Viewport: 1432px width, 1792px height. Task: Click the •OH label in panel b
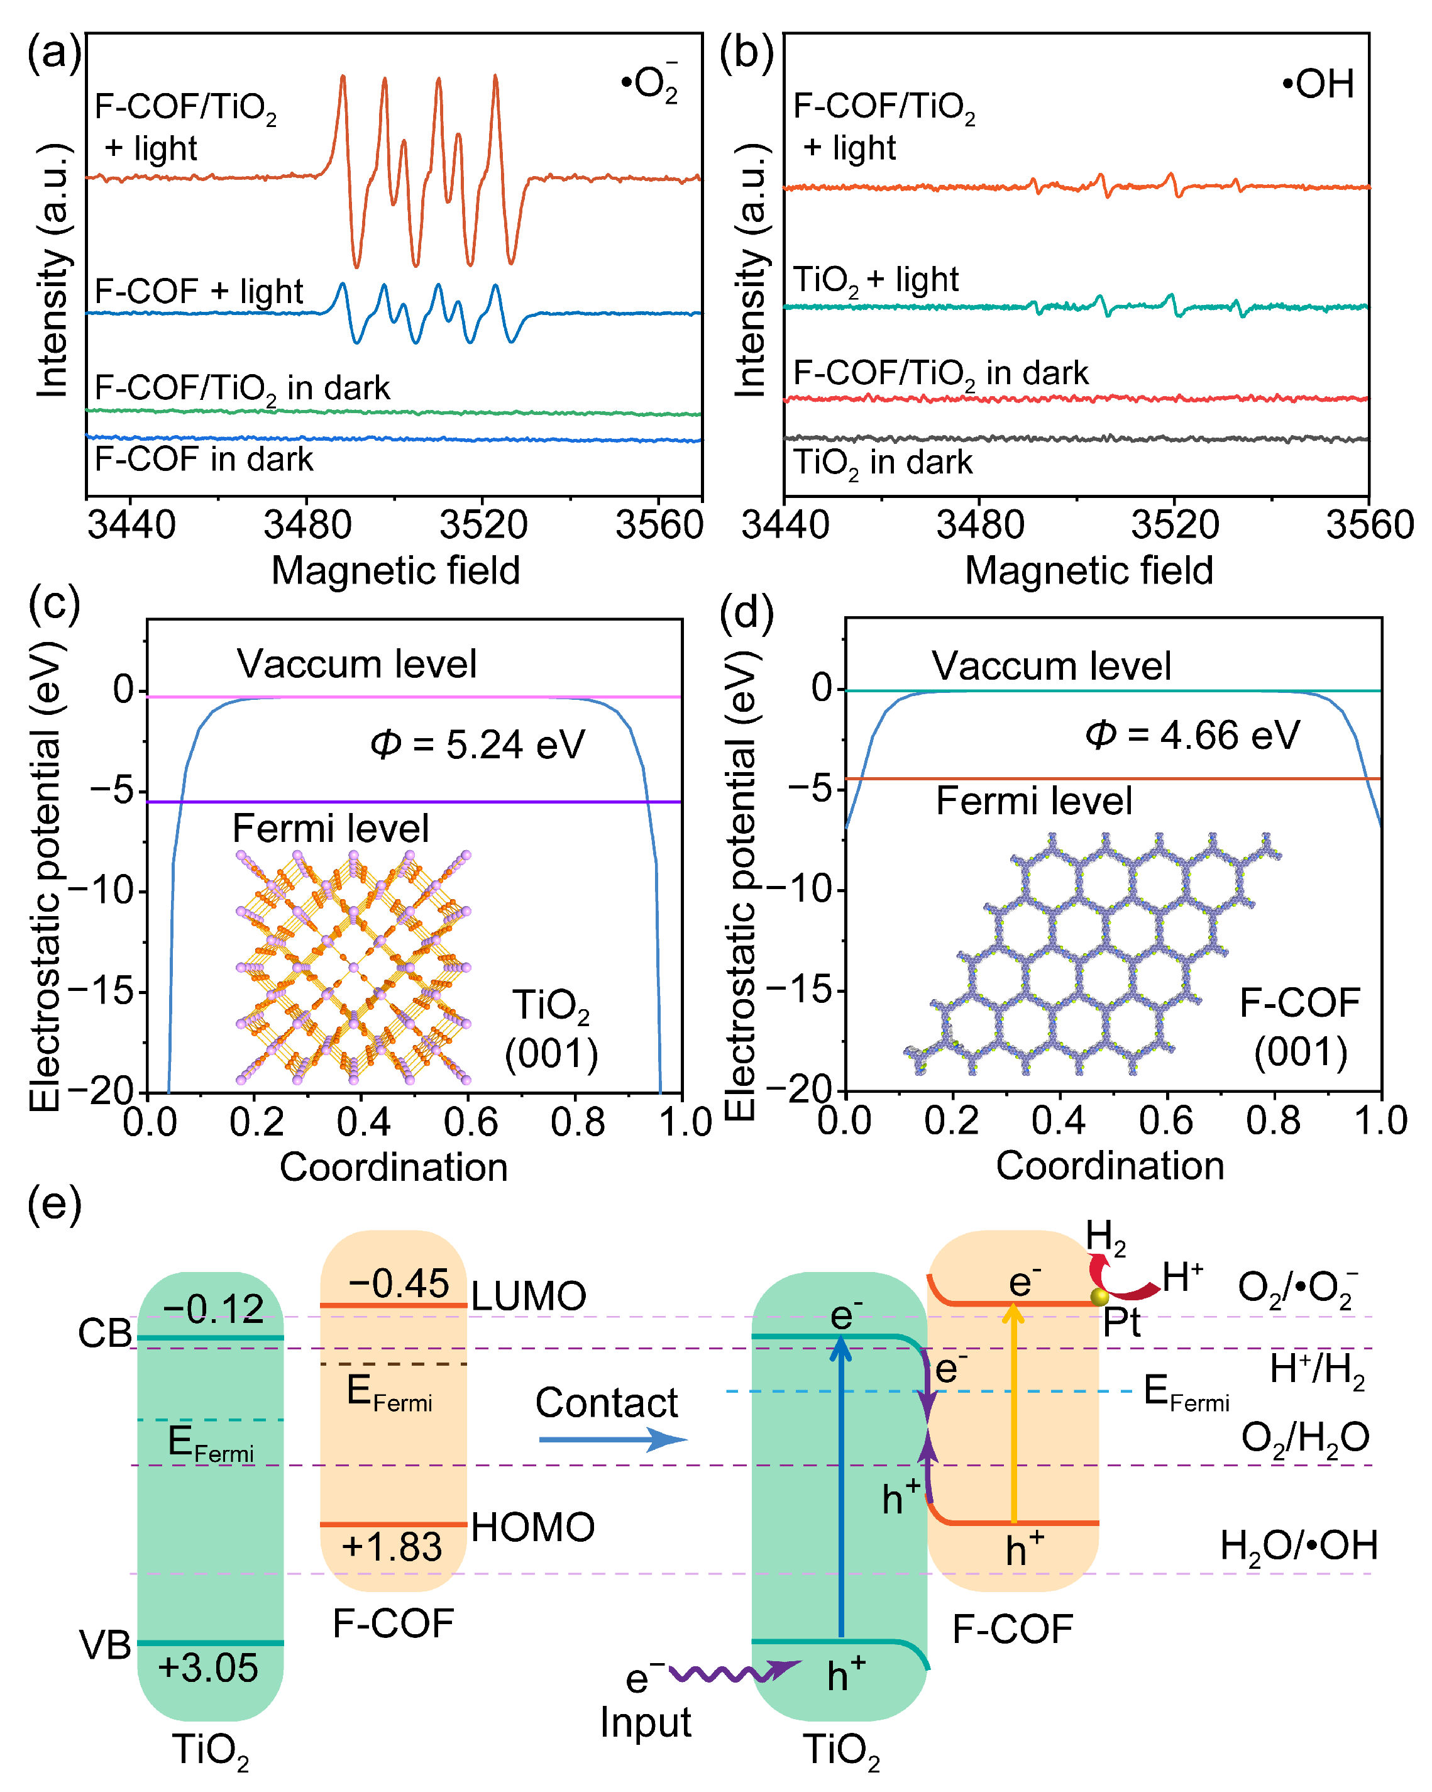(x=1318, y=84)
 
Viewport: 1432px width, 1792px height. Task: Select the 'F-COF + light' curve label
(x=199, y=292)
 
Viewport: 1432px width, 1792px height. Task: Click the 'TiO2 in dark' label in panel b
(x=882, y=463)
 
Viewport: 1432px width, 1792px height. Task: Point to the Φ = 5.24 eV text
(x=477, y=744)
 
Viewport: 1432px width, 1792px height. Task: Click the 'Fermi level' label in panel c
(x=330, y=829)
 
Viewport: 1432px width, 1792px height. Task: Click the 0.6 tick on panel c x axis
(x=470, y=1122)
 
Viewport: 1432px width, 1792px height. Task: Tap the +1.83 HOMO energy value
(x=392, y=1547)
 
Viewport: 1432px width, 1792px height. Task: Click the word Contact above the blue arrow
(x=606, y=1403)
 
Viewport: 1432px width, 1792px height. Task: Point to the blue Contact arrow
(x=612, y=1440)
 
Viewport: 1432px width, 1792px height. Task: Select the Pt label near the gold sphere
(x=1122, y=1322)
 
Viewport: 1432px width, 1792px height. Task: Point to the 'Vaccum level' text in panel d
(x=1050, y=666)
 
